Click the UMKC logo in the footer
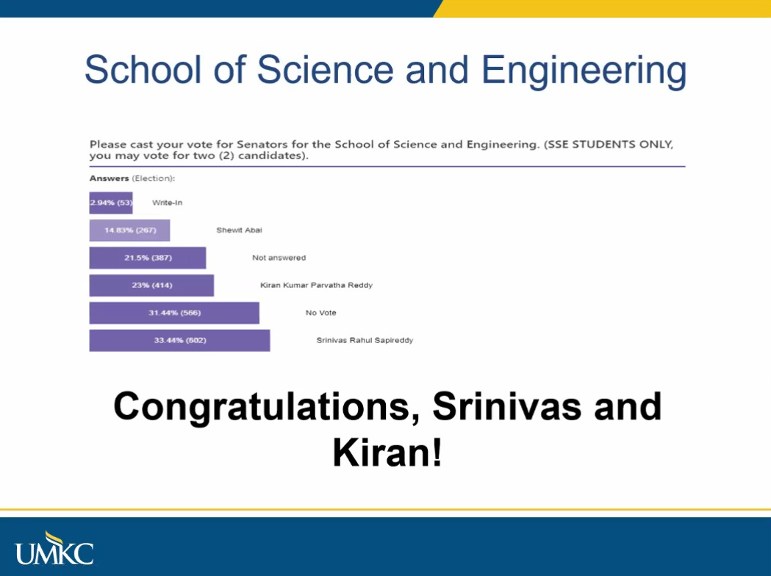click(54, 548)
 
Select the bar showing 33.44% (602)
click(179, 341)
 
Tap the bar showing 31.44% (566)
click(174, 313)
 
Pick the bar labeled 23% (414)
click(151, 286)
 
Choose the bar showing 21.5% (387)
click(148, 258)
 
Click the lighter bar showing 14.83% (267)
click(129, 231)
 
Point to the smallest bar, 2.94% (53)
click(111, 203)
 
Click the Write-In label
click(167, 203)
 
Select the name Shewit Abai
click(240, 230)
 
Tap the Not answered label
click(279, 258)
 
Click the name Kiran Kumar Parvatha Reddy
click(316, 285)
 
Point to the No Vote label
click(321, 312)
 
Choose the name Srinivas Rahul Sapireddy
click(365, 340)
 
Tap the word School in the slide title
click(143, 69)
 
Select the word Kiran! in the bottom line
click(387, 453)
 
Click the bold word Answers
click(110, 179)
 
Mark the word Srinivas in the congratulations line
click(507, 406)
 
